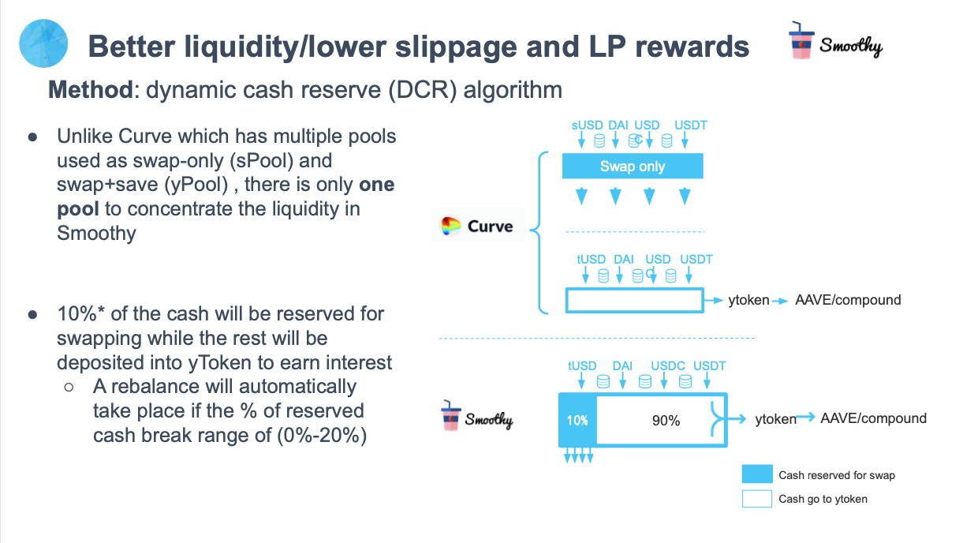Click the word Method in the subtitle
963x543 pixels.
(89, 89)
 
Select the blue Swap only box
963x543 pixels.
(632, 167)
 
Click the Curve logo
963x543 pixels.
(478, 227)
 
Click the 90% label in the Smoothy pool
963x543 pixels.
(666, 421)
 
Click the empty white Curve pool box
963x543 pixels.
(634, 301)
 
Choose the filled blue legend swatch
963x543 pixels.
(756, 474)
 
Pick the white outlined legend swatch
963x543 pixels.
(756, 499)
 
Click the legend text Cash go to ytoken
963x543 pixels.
(823, 499)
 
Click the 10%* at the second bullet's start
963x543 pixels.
(81, 313)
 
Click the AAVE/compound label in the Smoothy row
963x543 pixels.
(873, 418)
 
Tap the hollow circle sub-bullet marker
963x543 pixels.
(69, 388)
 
